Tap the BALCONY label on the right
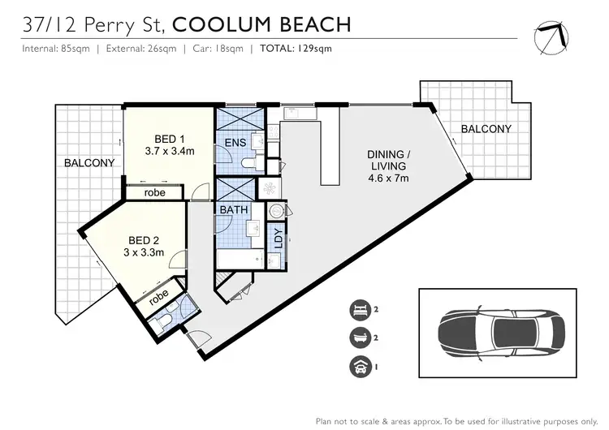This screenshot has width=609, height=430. pos(486,129)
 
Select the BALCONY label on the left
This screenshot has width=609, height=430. pos(89,163)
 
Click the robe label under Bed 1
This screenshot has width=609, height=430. pos(155,192)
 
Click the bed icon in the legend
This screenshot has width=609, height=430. pos(358,308)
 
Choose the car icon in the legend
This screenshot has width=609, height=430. pos(358,367)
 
